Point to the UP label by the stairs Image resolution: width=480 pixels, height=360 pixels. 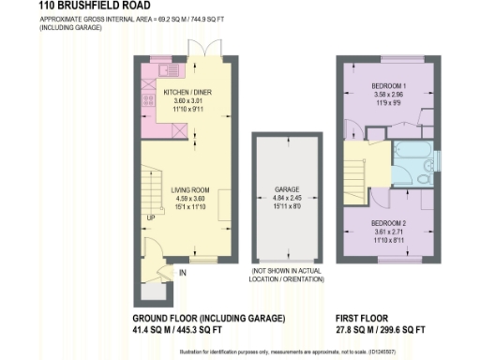(x=150, y=218)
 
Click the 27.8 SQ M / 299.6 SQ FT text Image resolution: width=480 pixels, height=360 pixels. (x=382, y=331)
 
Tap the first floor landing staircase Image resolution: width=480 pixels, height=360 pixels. (x=361, y=170)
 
